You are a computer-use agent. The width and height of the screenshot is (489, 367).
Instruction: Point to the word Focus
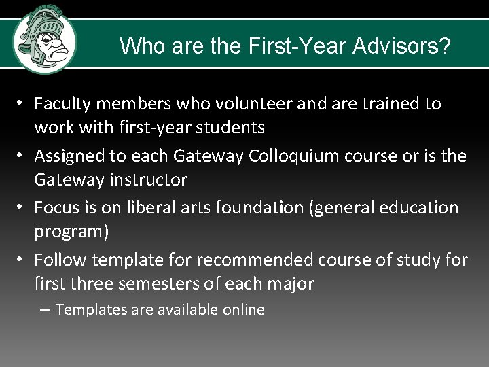pos(56,207)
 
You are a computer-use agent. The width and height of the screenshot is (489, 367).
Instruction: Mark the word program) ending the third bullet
pos(71,232)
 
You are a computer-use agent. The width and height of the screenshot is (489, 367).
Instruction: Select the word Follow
pos(61,260)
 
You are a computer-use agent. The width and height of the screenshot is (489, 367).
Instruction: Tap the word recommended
pos(223,260)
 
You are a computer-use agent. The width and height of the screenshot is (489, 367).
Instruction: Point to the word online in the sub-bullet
pos(242,310)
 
